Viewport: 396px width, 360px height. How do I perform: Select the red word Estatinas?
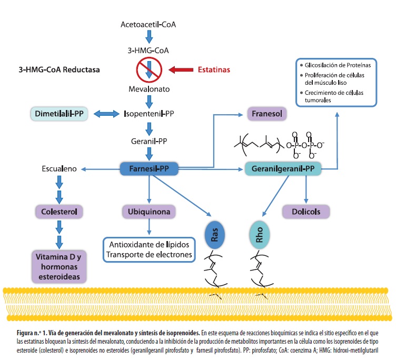click(x=214, y=69)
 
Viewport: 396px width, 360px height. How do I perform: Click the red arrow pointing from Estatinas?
click(x=182, y=69)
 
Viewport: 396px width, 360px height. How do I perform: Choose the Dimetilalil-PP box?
click(x=58, y=113)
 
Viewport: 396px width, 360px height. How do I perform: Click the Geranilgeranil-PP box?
click(x=283, y=169)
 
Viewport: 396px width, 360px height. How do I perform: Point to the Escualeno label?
click(x=59, y=169)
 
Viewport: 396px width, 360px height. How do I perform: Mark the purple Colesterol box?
click(x=59, y=212)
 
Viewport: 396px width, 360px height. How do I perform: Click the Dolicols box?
click(x=306, y=212)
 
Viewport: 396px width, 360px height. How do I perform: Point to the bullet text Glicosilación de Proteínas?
click(x=338, y=65)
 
